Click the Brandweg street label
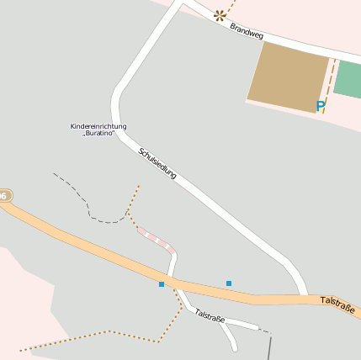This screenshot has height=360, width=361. [247, 32]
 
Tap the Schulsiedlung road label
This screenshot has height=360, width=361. [157, 163]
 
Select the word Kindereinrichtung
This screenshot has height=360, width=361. [98, 126]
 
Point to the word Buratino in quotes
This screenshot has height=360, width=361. [98, 134]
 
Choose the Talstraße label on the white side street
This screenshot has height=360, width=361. [210, 316]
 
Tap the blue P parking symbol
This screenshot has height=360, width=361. [320, 106]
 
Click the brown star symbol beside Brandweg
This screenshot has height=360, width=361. [220, 14]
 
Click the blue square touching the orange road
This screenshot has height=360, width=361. [162, 284]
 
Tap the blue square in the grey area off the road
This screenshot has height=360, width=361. [229, 283]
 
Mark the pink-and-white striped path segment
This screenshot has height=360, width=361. [157, 240]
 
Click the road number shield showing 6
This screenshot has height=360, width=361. [4, 195]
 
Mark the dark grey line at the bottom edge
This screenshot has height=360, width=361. [269, 347]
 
